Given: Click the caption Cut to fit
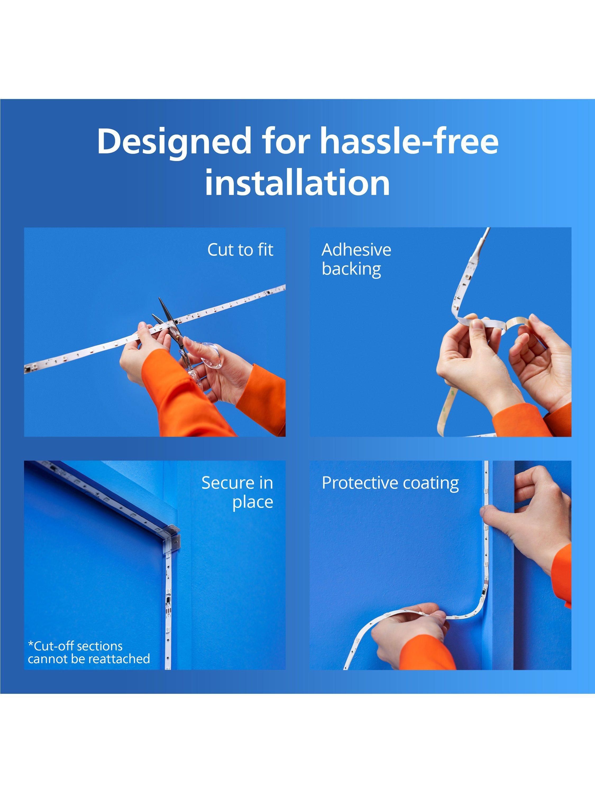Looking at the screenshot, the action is tap(240, 250).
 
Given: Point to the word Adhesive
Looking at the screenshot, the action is tap(356, 250).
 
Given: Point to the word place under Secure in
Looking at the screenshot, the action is tap(253, 502).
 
